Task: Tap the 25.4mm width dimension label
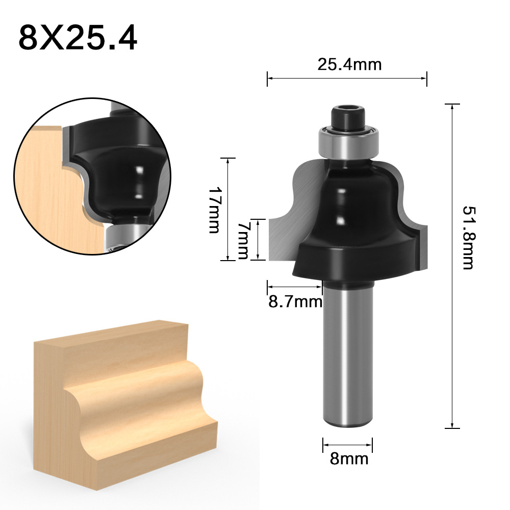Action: click(x=349, y=64)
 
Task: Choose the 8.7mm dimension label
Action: click(x=295, y=302)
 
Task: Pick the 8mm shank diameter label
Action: click(x=349, y=458)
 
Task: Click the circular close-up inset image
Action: click(x=92, y=176)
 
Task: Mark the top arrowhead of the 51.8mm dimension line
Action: click(x=452, y=106)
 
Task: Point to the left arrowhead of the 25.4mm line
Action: click(x=270, y=78)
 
